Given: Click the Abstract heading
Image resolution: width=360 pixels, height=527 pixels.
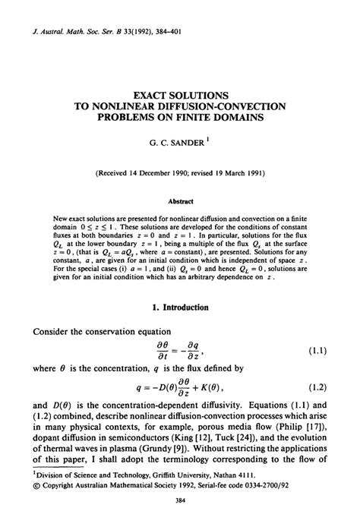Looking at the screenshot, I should click(180, 201).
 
